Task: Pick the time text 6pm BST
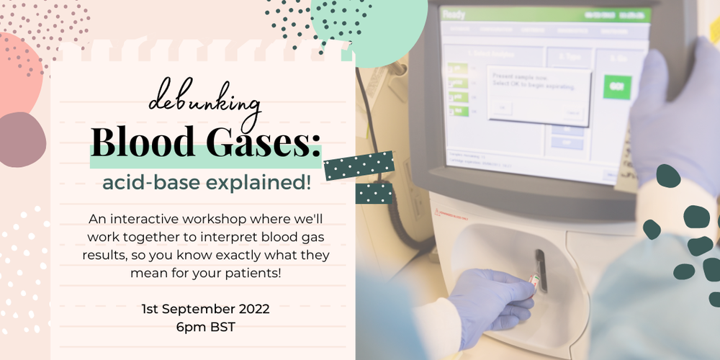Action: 206,328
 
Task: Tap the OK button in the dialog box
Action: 502,108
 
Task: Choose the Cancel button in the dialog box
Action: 573,113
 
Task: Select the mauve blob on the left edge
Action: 20,140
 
